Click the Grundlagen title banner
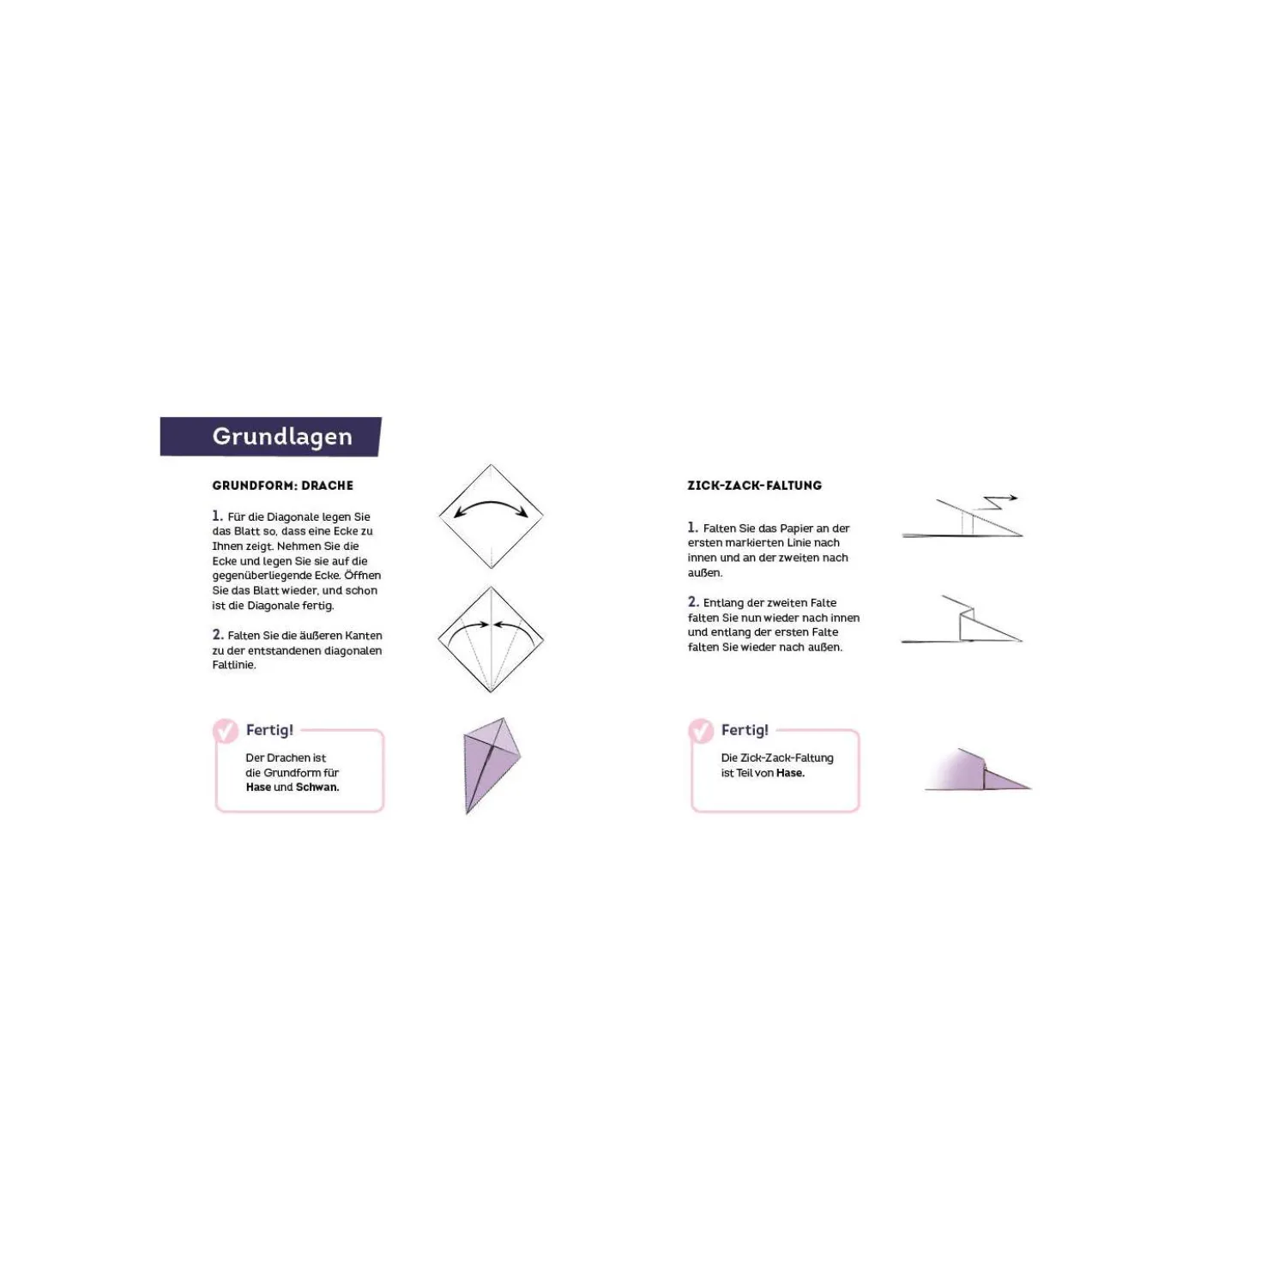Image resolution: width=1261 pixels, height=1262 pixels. [x=270, y=436]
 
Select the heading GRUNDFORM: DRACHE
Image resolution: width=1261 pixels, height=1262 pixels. [x=282, y=486]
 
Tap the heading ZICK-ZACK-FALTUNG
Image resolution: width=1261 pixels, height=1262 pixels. [x=754, y=486]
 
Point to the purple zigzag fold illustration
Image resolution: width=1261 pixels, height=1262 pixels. [x=978, y=770]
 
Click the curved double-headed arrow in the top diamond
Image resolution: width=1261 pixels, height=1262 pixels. [x=491, y=505]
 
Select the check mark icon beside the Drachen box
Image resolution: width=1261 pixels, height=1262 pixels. [x=226, y=731]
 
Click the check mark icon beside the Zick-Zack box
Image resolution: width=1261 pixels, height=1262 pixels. [x=701, y=731]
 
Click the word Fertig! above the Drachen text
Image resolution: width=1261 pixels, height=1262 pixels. [x=269, y=729]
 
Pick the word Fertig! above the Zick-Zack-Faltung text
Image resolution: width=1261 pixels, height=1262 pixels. [x=745, y=729]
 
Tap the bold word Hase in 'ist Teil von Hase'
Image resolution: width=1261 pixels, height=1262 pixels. [x=790, y=773]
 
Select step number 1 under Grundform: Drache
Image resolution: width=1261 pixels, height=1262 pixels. [x=217, y=516]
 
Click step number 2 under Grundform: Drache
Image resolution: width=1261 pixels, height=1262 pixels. [x=218, y=635]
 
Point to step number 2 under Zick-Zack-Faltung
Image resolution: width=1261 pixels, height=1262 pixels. [x=693, y=602]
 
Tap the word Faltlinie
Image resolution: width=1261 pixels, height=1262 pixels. [x=233, y=666]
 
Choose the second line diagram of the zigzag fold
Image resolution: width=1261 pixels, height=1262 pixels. [x=962, y=619]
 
